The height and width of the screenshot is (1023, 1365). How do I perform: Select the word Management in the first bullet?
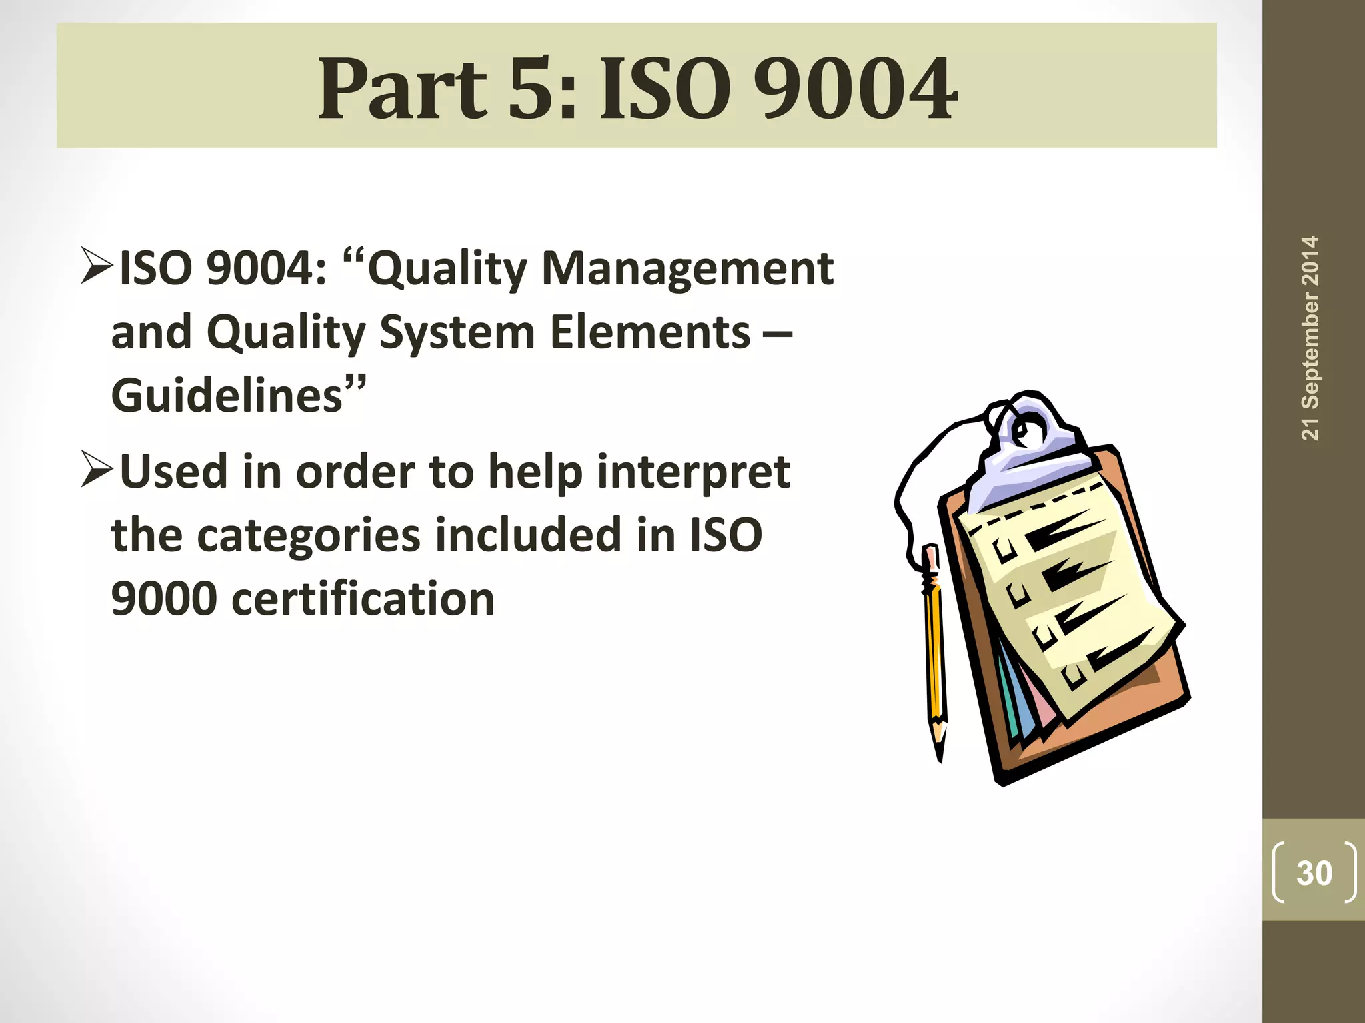click(x=687, y=268)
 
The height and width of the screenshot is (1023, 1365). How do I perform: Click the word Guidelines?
click(x=227, y=396)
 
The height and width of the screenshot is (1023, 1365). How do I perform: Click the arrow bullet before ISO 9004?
click(x=97, y=266)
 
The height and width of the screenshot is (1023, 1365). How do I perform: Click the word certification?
click(x=363, y=599)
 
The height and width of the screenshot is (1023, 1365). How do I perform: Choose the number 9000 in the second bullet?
click(x=164, y=599)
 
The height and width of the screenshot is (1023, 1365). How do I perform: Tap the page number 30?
click(x=1314, y=873)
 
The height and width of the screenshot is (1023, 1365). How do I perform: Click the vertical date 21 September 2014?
click(x=1310, y=338)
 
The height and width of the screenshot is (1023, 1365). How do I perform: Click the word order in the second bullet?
click(x=354, y=472)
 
